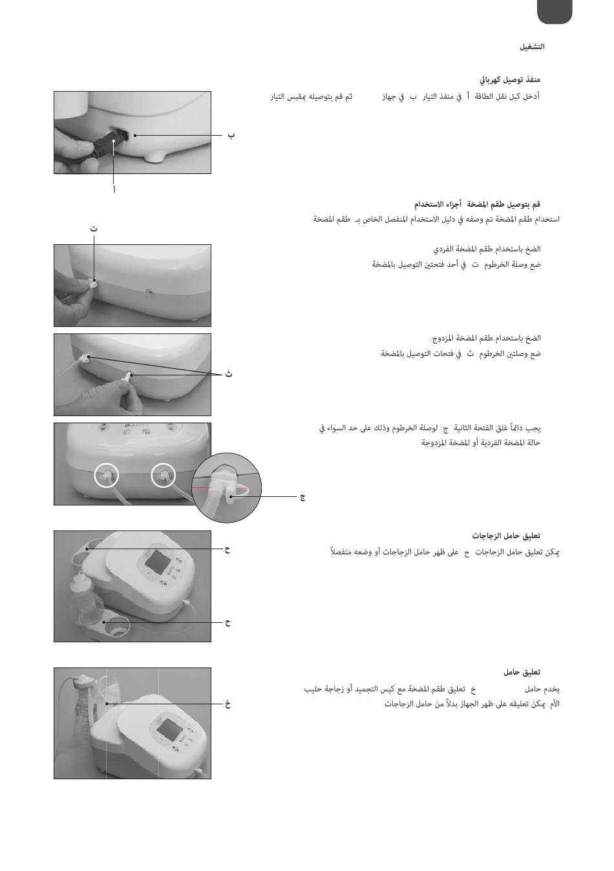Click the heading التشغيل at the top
pos(532,47)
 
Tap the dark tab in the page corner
pos(554,12)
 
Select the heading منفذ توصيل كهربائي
pos(510,80)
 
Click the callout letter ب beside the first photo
pos(231,136)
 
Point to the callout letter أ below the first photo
pos(114,190)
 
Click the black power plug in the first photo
pos(104,147)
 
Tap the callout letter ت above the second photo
pos(93,229)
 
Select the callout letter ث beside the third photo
pos(229,374)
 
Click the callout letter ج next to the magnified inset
pos(302,498)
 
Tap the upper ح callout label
pos(228,550)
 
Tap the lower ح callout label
pos(228,622)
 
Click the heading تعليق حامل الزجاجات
pos(506,536)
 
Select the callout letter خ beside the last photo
pos(228,704)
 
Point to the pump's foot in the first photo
pos(154,157)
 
